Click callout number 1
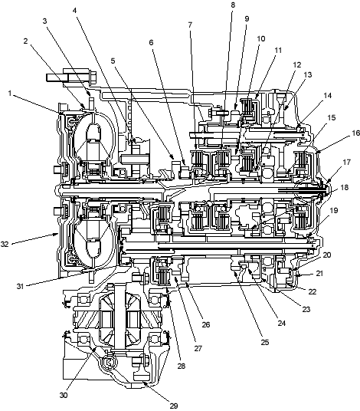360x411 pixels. coord(10,93)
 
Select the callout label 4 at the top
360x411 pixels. coord(75,10)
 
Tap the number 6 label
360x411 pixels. coord(151,42)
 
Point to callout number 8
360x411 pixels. coord(233,5)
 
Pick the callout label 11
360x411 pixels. coord(277,50)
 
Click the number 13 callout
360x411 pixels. coord(308,74)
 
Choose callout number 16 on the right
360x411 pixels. coord(355,133)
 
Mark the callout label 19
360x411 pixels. coord(333,210)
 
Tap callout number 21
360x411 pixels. coord(319,273)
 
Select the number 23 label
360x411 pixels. coord(306,309)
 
